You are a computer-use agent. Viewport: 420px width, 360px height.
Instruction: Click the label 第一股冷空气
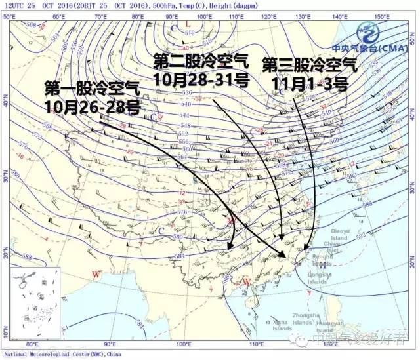click(92, 87)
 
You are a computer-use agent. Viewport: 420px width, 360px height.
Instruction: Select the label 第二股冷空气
click(201, 62)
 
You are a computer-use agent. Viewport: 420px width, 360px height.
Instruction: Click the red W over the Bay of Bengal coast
click(96, 272)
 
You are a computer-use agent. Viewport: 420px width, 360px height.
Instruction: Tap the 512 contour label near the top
click(190, 33)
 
